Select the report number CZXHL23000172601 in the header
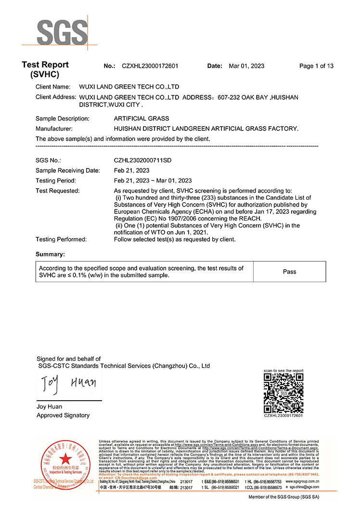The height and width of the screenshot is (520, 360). point(150,66)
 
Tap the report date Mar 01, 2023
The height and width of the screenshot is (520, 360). point(246,66)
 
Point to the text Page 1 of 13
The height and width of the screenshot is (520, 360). point(316,66)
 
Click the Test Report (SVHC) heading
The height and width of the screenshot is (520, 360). point(45,69)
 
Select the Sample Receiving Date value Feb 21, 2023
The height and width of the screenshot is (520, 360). point(131,170)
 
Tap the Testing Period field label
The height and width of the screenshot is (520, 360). point(55,181)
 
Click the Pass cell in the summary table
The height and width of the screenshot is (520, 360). point(289,272)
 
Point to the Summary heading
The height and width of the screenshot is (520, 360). point(50,254)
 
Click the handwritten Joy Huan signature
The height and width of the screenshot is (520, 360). point(67,383)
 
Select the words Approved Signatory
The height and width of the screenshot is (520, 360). point(63,415)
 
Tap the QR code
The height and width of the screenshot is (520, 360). point(283,392)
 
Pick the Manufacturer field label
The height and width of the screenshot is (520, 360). point(54,129)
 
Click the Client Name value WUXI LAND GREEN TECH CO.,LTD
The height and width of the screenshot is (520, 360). point(129,87)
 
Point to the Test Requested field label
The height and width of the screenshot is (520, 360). point(57,191)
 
